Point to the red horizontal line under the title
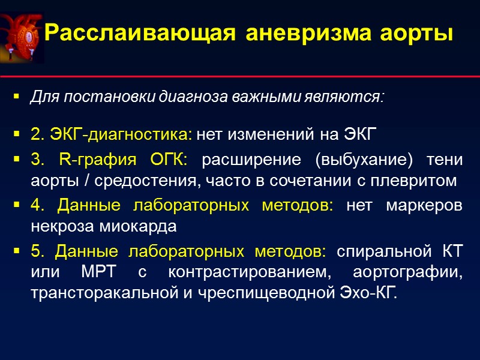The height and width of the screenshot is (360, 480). pos(240,77)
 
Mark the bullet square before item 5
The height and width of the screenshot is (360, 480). pos(17,252)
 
